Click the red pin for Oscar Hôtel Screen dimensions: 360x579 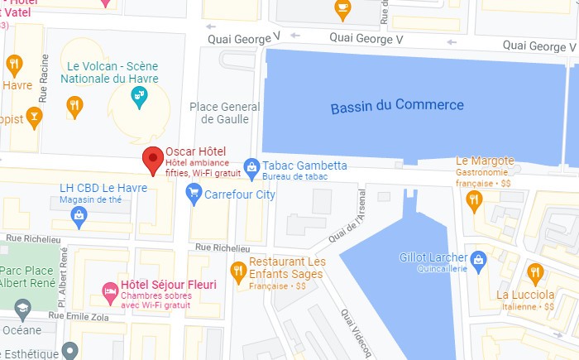tap(152, 159)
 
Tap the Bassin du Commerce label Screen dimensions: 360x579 tap(397, 106)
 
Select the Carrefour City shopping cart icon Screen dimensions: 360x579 tap(194, 194)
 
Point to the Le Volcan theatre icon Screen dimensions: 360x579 tap(139, 97)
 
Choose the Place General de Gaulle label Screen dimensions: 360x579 tap(224, 113)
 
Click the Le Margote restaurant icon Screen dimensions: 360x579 tap(474, 198)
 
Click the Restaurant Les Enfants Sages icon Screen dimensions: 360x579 tap(238, 268)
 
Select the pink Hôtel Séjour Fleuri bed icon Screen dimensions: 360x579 tap(109, 290)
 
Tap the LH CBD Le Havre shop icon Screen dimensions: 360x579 tap(79, 217)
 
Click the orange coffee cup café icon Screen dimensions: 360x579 tap(342, 7)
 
